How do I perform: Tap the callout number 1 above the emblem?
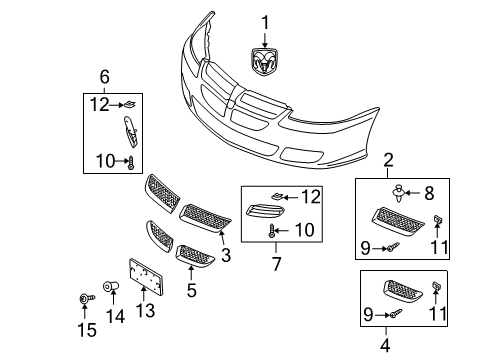pos(266,22)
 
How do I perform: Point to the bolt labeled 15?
pos(83,299)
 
